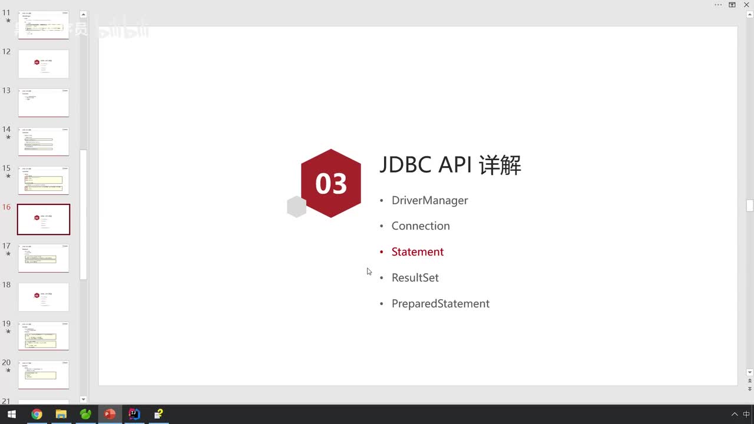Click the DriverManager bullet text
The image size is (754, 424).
(x=429, y=200)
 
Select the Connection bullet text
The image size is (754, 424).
(x=421, y=226)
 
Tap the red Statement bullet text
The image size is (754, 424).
(x=417, y=252)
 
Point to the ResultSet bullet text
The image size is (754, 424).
(x=415, y=278)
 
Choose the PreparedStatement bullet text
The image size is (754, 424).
(x=440, y=304)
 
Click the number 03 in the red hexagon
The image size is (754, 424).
(x=331, y=184)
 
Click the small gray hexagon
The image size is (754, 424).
(x=296, y=207)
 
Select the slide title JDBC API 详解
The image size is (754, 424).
(x=450, y=165)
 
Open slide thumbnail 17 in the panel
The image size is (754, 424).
(x=44, y=258)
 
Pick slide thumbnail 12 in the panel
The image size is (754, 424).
(x=44, y=64)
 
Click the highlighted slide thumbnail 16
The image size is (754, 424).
(x=44, y=219)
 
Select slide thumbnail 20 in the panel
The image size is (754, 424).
(x=44, y=375)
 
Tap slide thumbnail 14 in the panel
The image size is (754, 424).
(x=44, y=141)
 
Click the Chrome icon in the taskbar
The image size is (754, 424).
(x=37, y=414)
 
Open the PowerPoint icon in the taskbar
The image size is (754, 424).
(x=110, y=414)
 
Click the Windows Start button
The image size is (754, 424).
(x=11, y=414)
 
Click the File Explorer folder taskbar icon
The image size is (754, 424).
(x=61, y=414)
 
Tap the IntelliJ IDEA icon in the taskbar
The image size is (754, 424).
(x=134, y=414)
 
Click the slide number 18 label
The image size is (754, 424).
(x=6, y=285)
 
